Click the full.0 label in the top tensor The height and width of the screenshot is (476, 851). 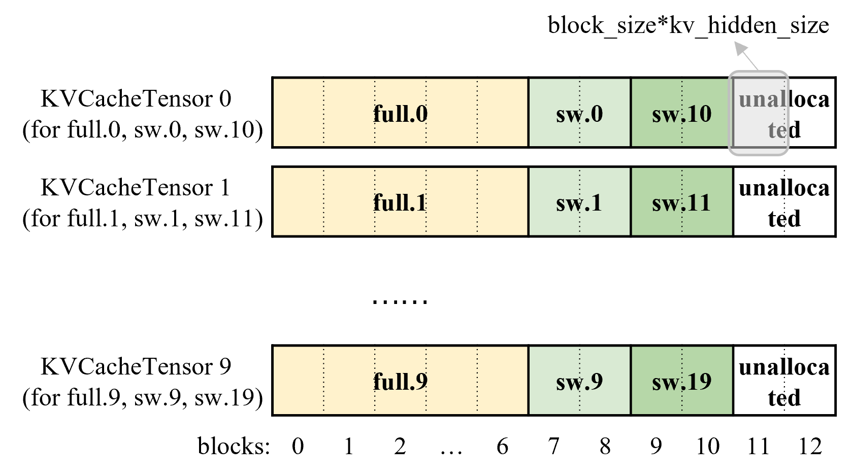coord(400,114)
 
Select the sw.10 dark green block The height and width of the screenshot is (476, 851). coord(681,114)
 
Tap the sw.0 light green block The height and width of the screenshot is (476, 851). coord(579,114)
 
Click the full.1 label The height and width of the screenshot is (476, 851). coord(400,202)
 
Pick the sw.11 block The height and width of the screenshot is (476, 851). coord(681,202)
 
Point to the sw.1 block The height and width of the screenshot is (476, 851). coord(579,202)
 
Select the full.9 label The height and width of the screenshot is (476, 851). coord(400,381)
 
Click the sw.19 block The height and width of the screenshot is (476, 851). coord(681,381)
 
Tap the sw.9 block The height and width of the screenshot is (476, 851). coord(579,381)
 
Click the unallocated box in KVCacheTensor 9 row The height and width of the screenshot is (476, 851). coord(784,381)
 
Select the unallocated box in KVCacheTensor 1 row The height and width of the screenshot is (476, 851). coord(784,202)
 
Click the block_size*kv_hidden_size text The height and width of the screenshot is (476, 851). coord(688,25)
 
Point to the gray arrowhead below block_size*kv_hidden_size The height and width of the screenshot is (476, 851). coord(741,49)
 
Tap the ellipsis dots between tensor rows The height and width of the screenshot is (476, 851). coord(400,301)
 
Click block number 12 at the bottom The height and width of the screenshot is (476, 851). coord(810,447)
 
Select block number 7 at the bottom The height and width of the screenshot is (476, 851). coord(553,447)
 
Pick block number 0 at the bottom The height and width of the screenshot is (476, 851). coord(298,447)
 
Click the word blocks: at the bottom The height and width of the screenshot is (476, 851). coord(234,447)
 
